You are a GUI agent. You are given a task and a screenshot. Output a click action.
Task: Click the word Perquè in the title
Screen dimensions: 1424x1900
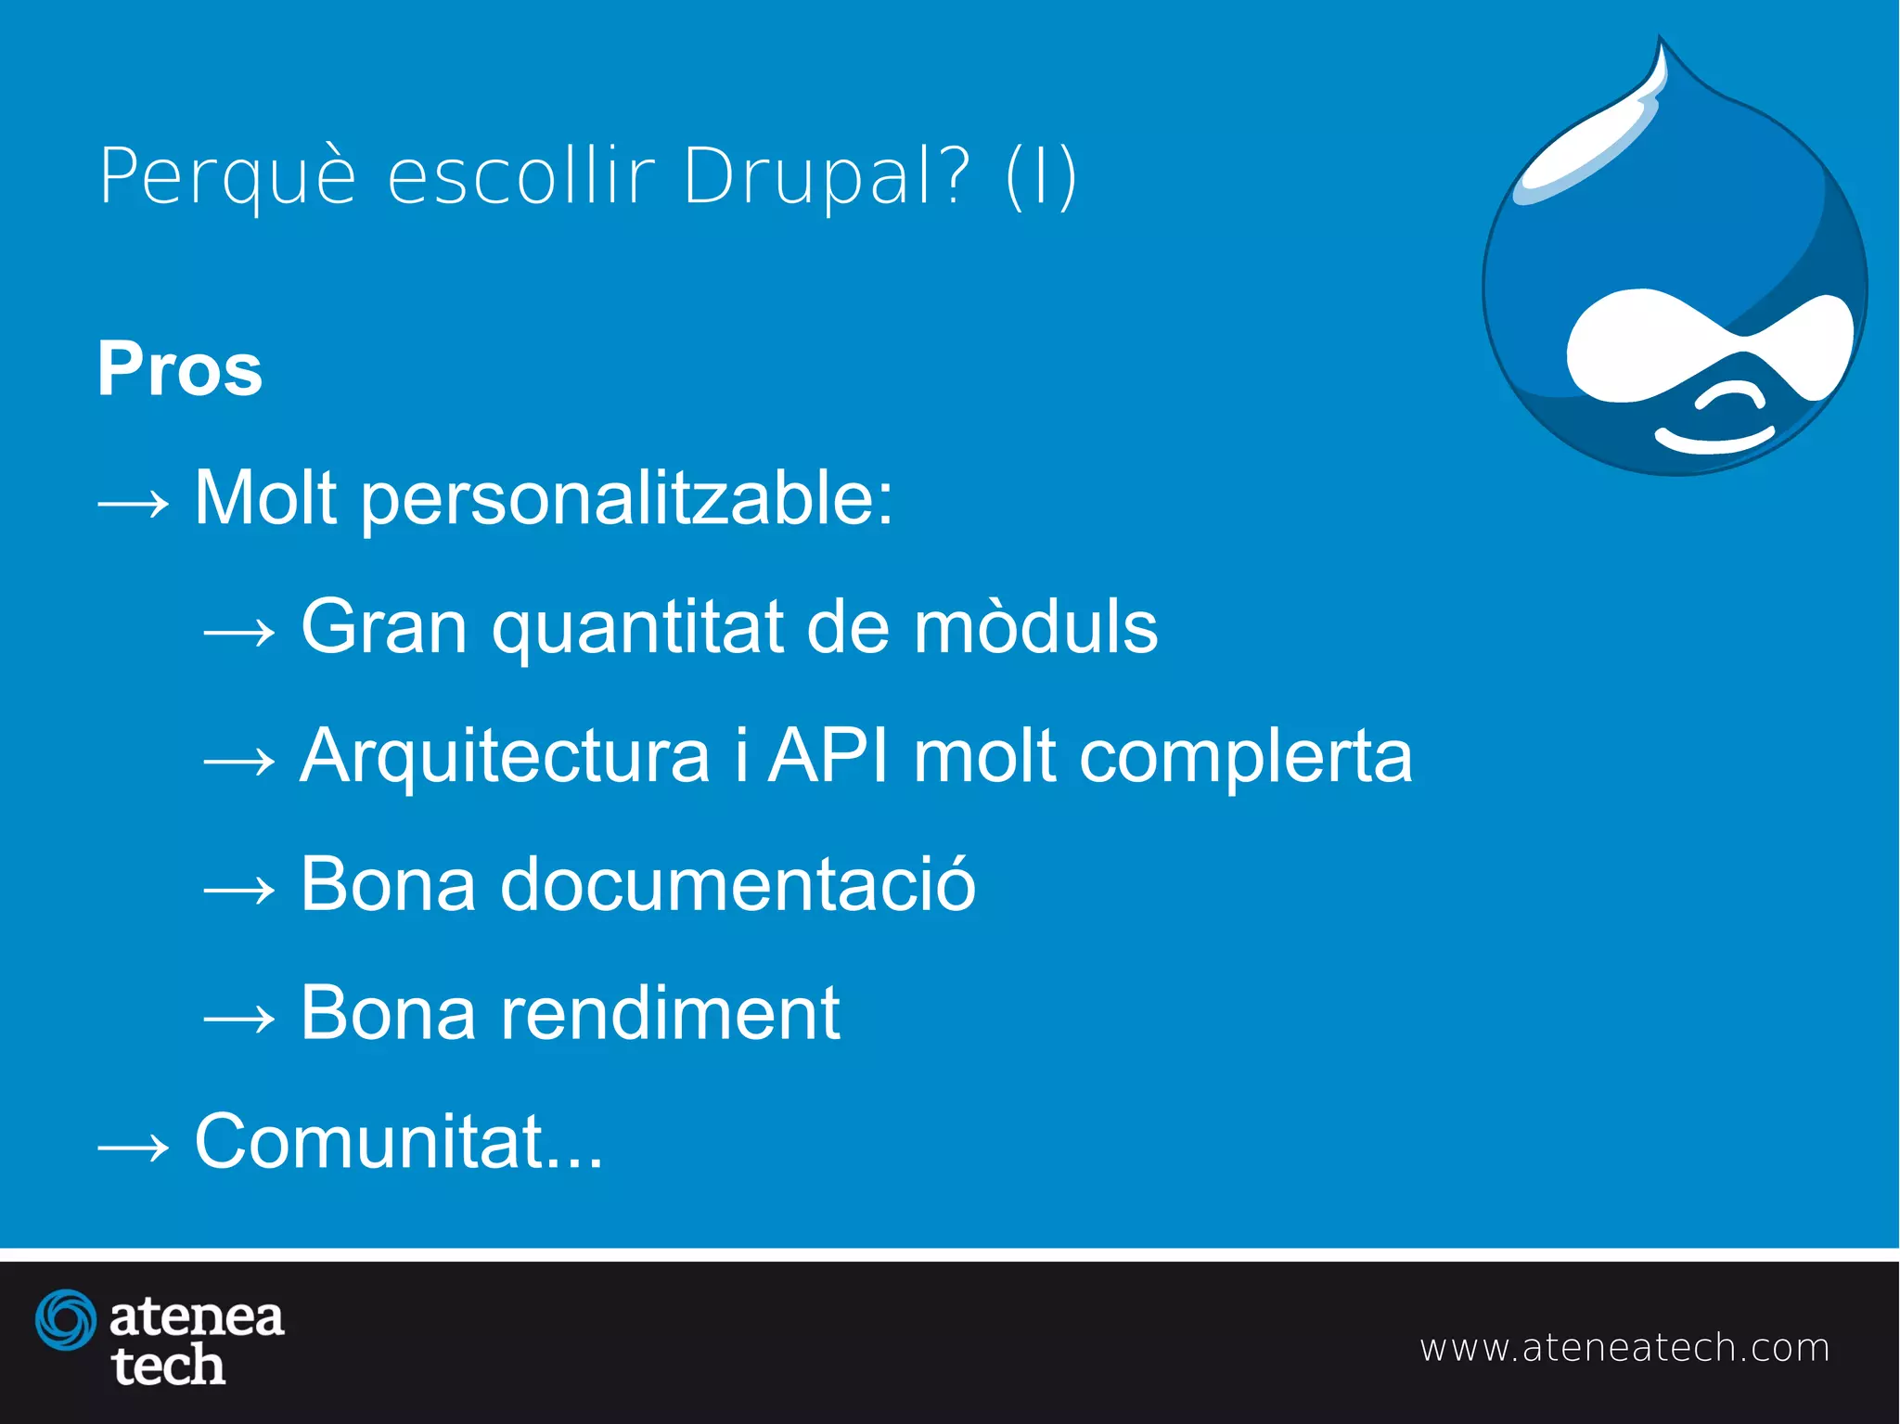227,176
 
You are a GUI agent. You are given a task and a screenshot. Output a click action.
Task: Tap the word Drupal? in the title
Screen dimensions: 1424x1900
827,176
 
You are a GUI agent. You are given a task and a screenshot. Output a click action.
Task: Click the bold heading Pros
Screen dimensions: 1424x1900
180,369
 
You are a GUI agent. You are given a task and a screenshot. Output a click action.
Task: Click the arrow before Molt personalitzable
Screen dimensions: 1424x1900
134,504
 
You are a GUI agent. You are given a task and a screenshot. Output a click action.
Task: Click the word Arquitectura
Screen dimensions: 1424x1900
505,756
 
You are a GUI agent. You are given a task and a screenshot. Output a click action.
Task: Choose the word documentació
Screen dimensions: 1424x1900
738,884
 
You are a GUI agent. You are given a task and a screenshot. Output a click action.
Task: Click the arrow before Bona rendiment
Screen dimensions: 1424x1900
239,1019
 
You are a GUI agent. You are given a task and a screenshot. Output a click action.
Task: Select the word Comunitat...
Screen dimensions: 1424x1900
369,1141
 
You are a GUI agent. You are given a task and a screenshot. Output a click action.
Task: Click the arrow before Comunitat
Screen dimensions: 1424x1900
134,1148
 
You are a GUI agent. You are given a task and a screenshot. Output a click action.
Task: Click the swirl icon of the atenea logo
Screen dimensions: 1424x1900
66,1319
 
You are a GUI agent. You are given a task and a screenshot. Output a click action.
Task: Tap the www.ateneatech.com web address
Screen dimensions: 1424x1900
1624,1348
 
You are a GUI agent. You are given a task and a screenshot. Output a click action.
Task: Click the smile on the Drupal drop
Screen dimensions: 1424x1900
1714,440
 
